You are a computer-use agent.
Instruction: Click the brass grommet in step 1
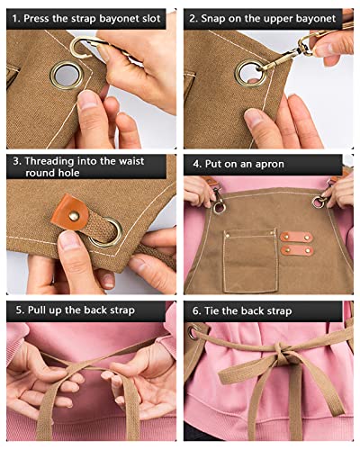coord(66,75)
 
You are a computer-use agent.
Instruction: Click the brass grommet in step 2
coord(250,72)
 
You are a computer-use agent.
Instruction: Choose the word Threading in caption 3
coord(54,162)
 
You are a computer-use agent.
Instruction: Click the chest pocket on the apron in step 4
coord(249,256)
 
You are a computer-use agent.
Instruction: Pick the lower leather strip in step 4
coord(296,250)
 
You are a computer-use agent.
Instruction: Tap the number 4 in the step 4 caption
coord(195,165)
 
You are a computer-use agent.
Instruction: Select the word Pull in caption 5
coord(37,310)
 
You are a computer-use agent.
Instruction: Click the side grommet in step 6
coord(192,333)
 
